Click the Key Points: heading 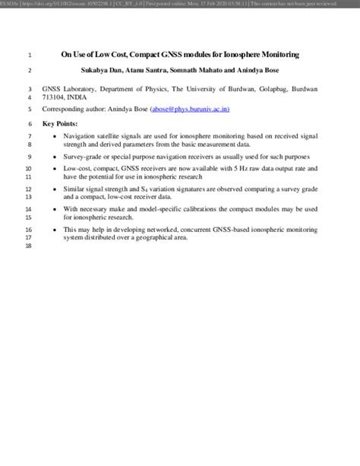60,123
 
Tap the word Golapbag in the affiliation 268,89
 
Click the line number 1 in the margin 29,55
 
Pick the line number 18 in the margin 28,246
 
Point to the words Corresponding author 74,109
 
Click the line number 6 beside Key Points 29,123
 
